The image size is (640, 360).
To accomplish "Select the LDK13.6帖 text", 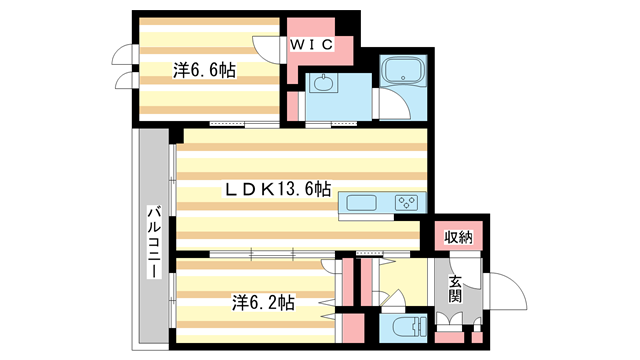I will click(x=278, y=187).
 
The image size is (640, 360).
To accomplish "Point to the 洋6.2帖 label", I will click(x=261, y=300).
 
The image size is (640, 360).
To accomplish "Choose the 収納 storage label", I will click(x=460, y=236).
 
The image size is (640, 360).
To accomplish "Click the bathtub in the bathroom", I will click(x=402, y=73).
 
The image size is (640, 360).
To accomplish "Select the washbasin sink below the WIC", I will click(x=323, y=84).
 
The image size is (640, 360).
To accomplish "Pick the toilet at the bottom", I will click(x=405, y=326).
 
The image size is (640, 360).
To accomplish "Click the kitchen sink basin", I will click(x=360, y=203).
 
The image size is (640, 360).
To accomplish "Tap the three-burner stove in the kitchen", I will click(x=408, y=203).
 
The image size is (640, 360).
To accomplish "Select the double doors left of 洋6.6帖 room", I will click(x=124, y=67).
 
